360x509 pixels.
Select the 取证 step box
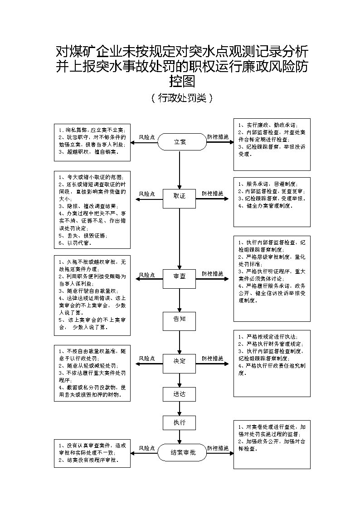(x=180, y=196)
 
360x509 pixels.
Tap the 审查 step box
(x=180, y=276)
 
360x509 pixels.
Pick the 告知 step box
(x=180, y=319)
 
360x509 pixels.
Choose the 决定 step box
(x=180, y=361)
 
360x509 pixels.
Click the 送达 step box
(x=180, y=394)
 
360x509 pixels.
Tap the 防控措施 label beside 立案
(x=218, y=136)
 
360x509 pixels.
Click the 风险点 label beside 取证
(x=146, y=194)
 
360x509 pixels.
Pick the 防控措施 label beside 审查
(x=213, y=274)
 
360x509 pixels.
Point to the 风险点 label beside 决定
(x=146, y=359)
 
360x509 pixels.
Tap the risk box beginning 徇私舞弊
(x=92, y=141)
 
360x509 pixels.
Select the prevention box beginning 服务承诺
(x=272, y=202)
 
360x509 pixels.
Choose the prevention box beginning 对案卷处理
(x=272, y=444)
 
